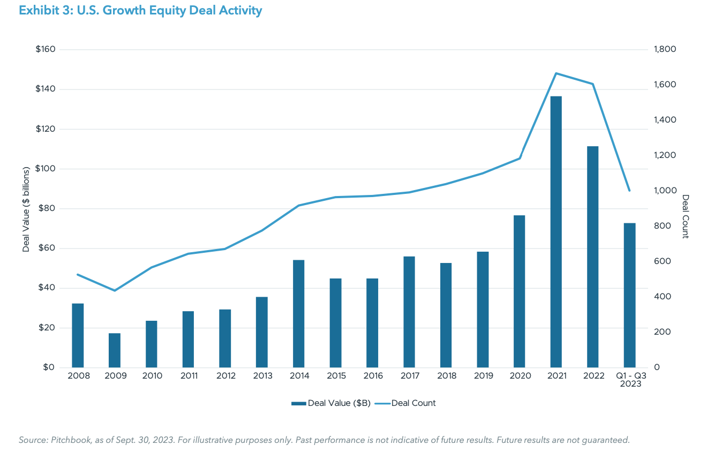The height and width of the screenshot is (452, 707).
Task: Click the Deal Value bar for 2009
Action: coord(115,350)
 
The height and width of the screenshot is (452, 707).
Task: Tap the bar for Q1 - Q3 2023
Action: coord(629,295)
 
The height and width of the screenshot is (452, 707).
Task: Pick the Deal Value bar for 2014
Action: coord(298,314)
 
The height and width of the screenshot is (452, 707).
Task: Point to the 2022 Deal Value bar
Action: coord(592,257)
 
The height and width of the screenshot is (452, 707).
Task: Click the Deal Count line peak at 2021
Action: coord(556,73)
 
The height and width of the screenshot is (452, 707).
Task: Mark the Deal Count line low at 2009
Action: coord(115,290)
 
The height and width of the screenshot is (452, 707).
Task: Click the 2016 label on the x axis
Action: coord(373,376)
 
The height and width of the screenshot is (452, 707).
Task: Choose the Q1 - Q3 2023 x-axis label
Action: coord(629,380)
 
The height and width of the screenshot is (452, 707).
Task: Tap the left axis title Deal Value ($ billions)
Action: coord(26,209)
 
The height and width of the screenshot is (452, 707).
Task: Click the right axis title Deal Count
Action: coord(686,217)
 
